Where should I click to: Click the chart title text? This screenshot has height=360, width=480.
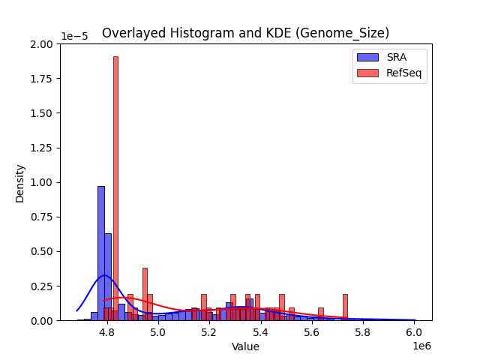pyautogui.click(x=245, y=33)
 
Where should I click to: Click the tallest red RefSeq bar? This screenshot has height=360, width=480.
pyautogui.click(x=115, y=187)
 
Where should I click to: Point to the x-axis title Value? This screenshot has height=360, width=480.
pyautogui.click(x=245, y=346)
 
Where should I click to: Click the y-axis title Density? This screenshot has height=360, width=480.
pyautogui.click(x=20, y=183)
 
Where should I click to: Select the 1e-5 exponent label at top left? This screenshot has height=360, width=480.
pyautogui.click(x=75, y=37)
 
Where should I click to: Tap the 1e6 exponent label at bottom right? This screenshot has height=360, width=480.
pyautogui.click(x=421, y=346)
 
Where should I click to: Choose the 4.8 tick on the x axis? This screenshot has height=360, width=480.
pyautogui.click(x=107, y=331)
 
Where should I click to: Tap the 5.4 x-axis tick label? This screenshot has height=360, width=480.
pyautogui.click(x=260, y=331)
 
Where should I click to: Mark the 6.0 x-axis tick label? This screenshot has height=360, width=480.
pyautogui.click(x=414, y=331)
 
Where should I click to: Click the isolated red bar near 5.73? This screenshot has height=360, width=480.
pyautogui.click(x=345, y=307)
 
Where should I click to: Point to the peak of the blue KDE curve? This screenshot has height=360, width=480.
pyautogui.click(x=104, y=275)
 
